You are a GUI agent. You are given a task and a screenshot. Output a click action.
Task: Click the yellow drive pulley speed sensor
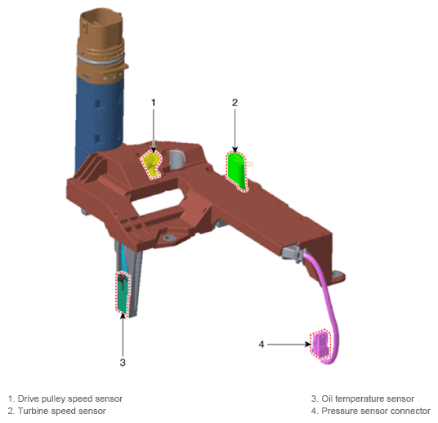pos(151,164)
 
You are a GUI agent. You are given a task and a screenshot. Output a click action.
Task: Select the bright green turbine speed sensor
pos(238,171)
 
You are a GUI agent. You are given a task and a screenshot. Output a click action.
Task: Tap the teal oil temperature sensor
pos(123,293)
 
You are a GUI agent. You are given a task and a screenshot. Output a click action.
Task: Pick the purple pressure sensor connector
pos(320,345)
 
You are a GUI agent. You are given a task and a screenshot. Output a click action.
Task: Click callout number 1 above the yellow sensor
pos(153,102)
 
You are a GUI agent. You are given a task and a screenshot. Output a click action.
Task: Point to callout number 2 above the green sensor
pos(235,102)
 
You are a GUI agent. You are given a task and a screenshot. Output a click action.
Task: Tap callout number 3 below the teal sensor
pos(123,362)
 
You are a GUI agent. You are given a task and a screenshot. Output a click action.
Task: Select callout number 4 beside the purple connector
pos(261,345)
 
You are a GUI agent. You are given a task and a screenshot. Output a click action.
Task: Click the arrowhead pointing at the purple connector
pos(308,345)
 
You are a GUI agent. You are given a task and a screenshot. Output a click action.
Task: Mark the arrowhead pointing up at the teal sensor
pos(123,316)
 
